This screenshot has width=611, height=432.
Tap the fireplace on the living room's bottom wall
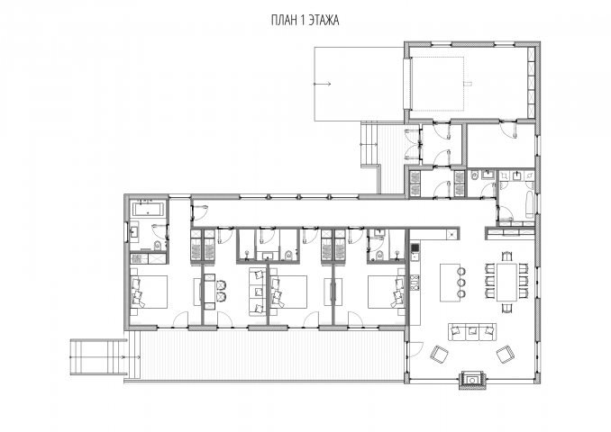pyautogui.click(x=472, y=378)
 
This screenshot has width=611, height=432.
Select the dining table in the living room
pyautogui.click(x=506, y=283)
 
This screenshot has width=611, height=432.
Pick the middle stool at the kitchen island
pyautogui.click(x=461, y=283)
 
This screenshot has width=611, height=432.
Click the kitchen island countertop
pyautogui.click(x=450, y=283)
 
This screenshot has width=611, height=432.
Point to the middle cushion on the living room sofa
pyautogui.click(x=472, y=331)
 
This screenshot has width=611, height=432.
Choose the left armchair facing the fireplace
pyautogui.click(x=440, y=355)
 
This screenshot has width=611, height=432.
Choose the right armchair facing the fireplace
pyautogui.click(x=506, y=355)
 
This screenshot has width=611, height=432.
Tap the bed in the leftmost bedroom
pyautogui.click(x=150, y=292)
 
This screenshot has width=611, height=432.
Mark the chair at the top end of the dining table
pyautogui.click(x=506, y=256)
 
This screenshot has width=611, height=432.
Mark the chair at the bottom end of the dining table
pyautogui.click(x=506, y=308)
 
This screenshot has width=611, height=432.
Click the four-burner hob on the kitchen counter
pyautogui.click(x=415, y=283)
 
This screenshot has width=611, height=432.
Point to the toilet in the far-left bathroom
pyautogui.click(x=159, y=245)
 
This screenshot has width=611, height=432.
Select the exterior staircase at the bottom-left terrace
pyautogui.click(x=99, y=357)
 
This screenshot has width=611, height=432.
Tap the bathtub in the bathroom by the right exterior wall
pyautogui.click(x=529, y=204)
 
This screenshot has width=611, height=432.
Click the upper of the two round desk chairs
pyautogui.click(x=222, y=285)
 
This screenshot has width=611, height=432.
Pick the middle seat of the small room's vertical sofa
pyautogui.click(x=256, y=292)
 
